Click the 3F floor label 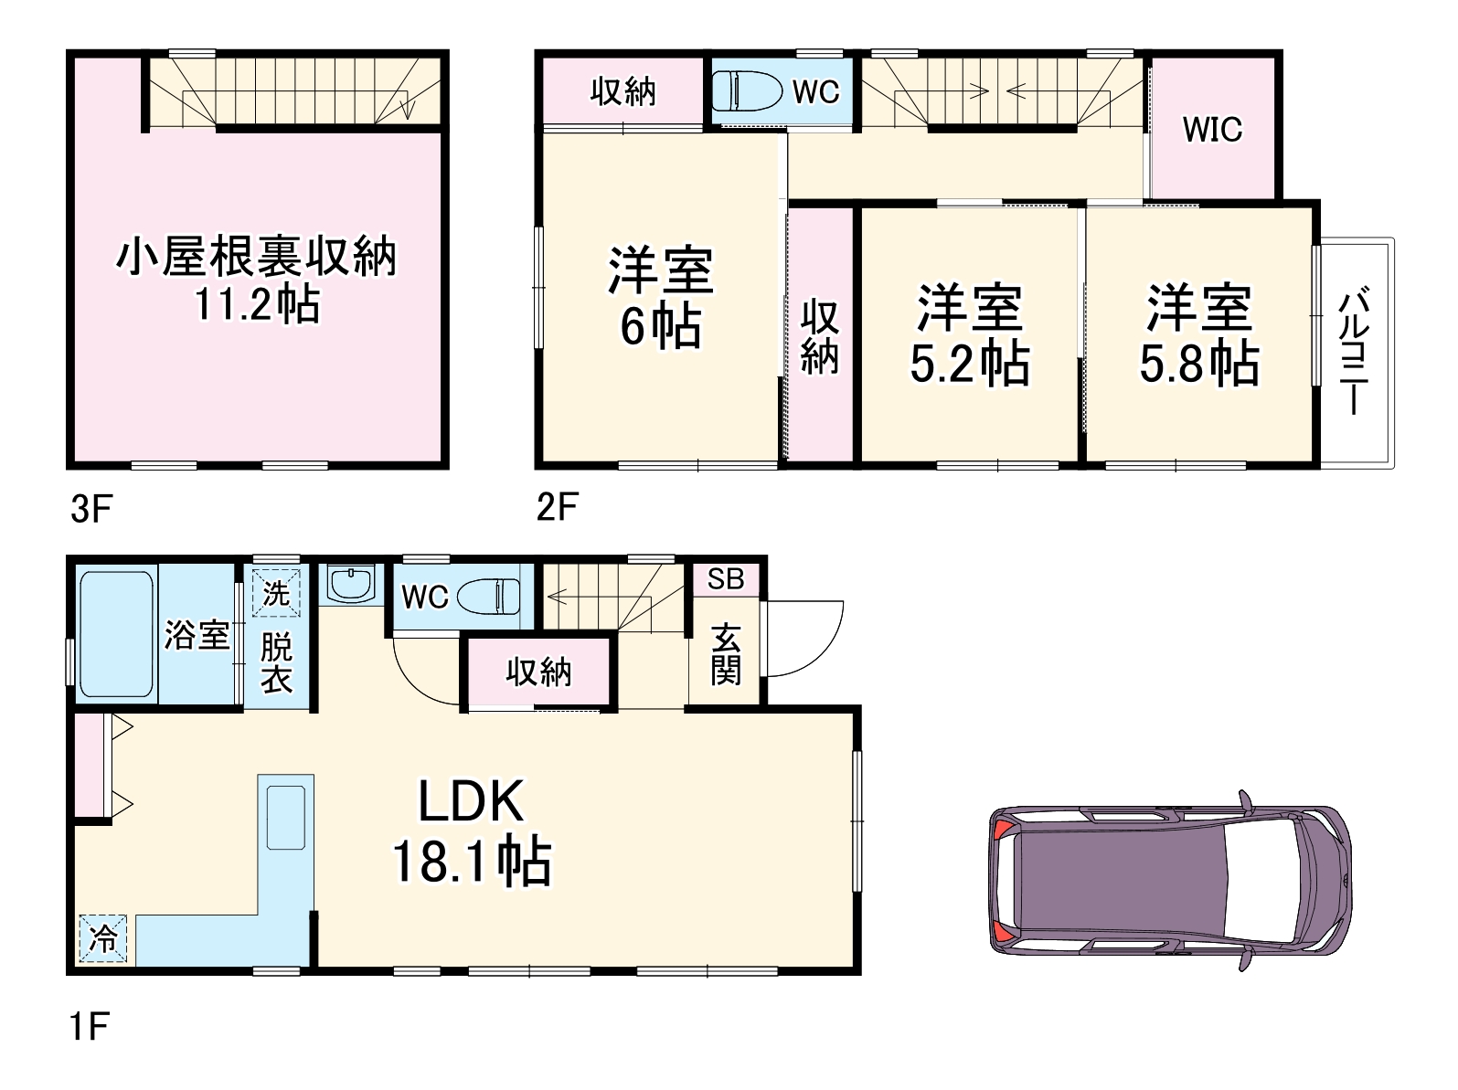coord(91,510)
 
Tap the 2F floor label coord(558,507)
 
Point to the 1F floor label coord(89,1026)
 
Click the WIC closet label coord(1212,130)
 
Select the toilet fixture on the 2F coord(747,91)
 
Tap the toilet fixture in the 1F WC coord(488,596)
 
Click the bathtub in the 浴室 coord(117,635)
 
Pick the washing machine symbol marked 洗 coord(276,593)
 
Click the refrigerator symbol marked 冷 coord(102,938)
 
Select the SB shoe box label coord(726,579)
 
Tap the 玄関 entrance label coord(726,653)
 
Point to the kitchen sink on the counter coord(285,817)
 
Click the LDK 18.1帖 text coord(472,832)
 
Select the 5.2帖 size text coord(969,363)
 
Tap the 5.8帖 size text coord(1199,363)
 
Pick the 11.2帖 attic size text coord(257,304)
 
